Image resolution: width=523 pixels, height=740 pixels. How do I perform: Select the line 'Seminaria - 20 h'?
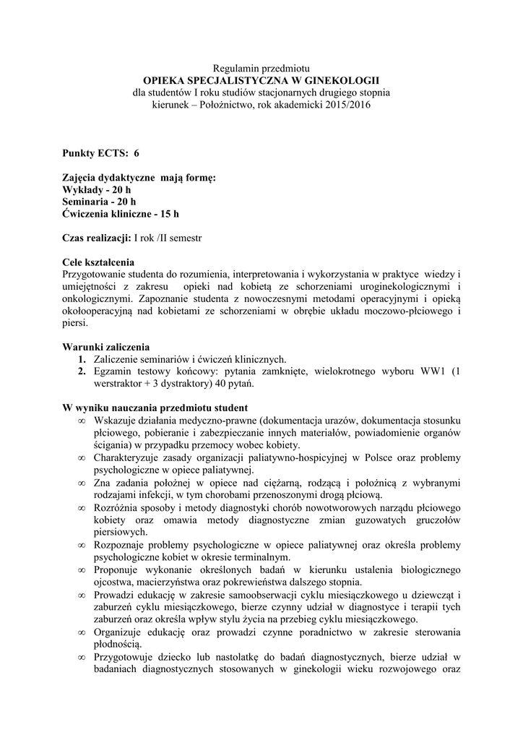coord(99,202)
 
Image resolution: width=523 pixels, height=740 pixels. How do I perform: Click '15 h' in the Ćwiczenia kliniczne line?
coord(170,214)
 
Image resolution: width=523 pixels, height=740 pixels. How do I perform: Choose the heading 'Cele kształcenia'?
coord(98,262)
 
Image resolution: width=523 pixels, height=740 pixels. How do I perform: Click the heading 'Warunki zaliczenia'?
coord(106,348)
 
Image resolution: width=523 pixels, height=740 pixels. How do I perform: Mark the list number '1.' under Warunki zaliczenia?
coord(82,360)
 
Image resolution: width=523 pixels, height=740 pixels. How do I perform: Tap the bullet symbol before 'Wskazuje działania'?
coord(82,421)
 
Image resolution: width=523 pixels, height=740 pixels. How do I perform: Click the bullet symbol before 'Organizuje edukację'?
coord(82,633)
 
